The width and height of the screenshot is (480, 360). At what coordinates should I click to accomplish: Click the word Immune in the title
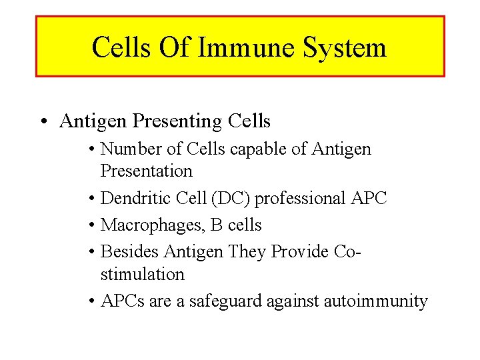(x=243, y=48)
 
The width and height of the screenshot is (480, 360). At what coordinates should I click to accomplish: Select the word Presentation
(x=146, y=171)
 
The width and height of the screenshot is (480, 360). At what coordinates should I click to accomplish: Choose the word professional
(x=300, y=199)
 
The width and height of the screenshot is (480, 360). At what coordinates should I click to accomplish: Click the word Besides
(x=129, y=252)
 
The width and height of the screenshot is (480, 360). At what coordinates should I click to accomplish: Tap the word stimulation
(x=142, y=274)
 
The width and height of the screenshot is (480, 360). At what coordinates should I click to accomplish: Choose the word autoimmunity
(x=375, y=301)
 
